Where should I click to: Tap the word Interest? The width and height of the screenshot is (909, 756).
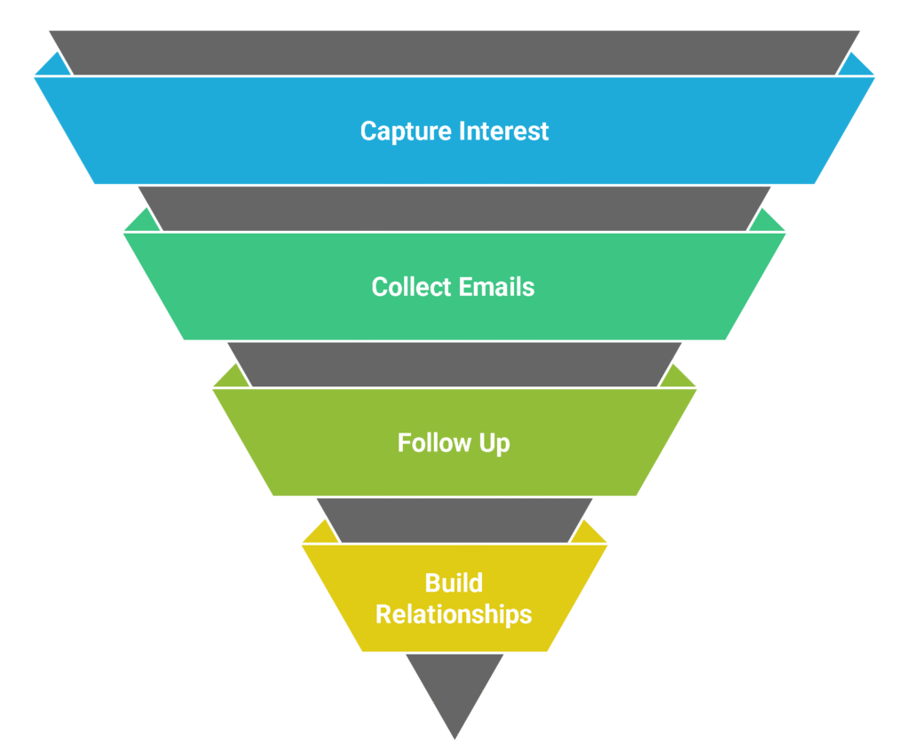[504, 131]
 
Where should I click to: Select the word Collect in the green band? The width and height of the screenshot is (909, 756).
[412, 287]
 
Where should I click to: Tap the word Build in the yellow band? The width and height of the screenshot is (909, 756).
[454, 584]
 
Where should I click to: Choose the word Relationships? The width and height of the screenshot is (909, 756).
[454, 614]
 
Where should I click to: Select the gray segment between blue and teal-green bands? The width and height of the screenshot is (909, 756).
[454, 208]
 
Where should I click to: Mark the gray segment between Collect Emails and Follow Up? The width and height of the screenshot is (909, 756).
[454, 364]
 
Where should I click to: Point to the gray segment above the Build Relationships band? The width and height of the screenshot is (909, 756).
[454, 520]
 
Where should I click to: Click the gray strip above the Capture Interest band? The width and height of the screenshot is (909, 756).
[454, 52]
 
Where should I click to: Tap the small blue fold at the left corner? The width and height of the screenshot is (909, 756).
[52, 67]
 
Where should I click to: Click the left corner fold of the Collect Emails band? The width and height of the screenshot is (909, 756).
[140, 223]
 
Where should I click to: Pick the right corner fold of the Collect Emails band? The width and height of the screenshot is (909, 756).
[768, 223]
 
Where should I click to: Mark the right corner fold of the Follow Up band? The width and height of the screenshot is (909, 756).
[679, 378]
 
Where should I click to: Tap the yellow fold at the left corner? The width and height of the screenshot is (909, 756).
[319, 534]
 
